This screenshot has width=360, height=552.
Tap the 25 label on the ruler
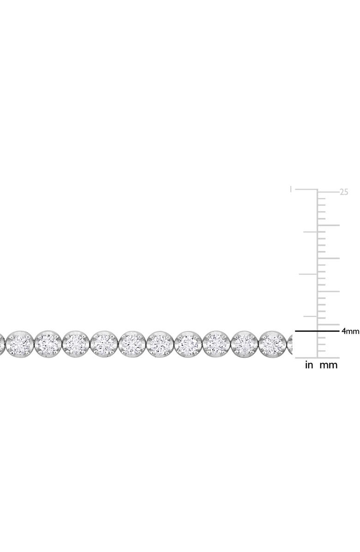[343, 192]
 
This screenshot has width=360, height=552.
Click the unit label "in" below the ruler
[309, 365]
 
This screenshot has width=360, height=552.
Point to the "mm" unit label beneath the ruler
[329, 365]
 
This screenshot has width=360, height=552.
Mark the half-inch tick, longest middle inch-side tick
[307, 274]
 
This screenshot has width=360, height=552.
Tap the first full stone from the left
[20, 343]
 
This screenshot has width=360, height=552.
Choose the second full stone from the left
[48, 343]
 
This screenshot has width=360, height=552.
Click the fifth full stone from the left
[132, 343]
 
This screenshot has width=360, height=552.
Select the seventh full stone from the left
[189, 343]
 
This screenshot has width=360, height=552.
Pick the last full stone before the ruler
[273, 343]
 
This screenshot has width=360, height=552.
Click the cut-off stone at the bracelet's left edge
[2, 343]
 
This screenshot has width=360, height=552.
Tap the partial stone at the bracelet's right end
[290, 343]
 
